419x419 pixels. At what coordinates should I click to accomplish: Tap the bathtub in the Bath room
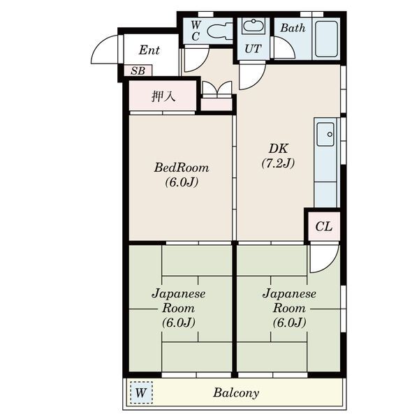(x=326, y=39)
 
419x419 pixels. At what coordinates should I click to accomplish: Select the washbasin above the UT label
(x=253, y=26)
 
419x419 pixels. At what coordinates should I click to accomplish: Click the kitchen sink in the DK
(x=325, y=134)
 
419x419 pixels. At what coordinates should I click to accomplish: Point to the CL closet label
(x=323, y=226)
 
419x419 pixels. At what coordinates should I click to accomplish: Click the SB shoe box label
(x=138, y=71)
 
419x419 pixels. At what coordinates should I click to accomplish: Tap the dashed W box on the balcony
(x=141, y=392)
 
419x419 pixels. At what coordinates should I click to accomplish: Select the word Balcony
(x=236, y=393)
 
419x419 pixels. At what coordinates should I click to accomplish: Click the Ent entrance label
(x=149, y=50)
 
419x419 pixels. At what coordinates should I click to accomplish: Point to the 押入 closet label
(x=163, y=96)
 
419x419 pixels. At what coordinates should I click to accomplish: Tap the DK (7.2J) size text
(x=278, y=163)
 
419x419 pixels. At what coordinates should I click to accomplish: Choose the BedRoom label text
(x=182, y=168)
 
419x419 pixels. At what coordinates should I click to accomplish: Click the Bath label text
(x=293, y=28)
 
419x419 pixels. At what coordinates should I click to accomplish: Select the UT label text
(x=253, y=49)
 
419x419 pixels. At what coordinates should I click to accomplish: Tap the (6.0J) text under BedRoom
(x=182, y=182)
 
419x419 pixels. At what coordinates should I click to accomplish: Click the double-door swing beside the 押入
(x=217, y=88)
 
